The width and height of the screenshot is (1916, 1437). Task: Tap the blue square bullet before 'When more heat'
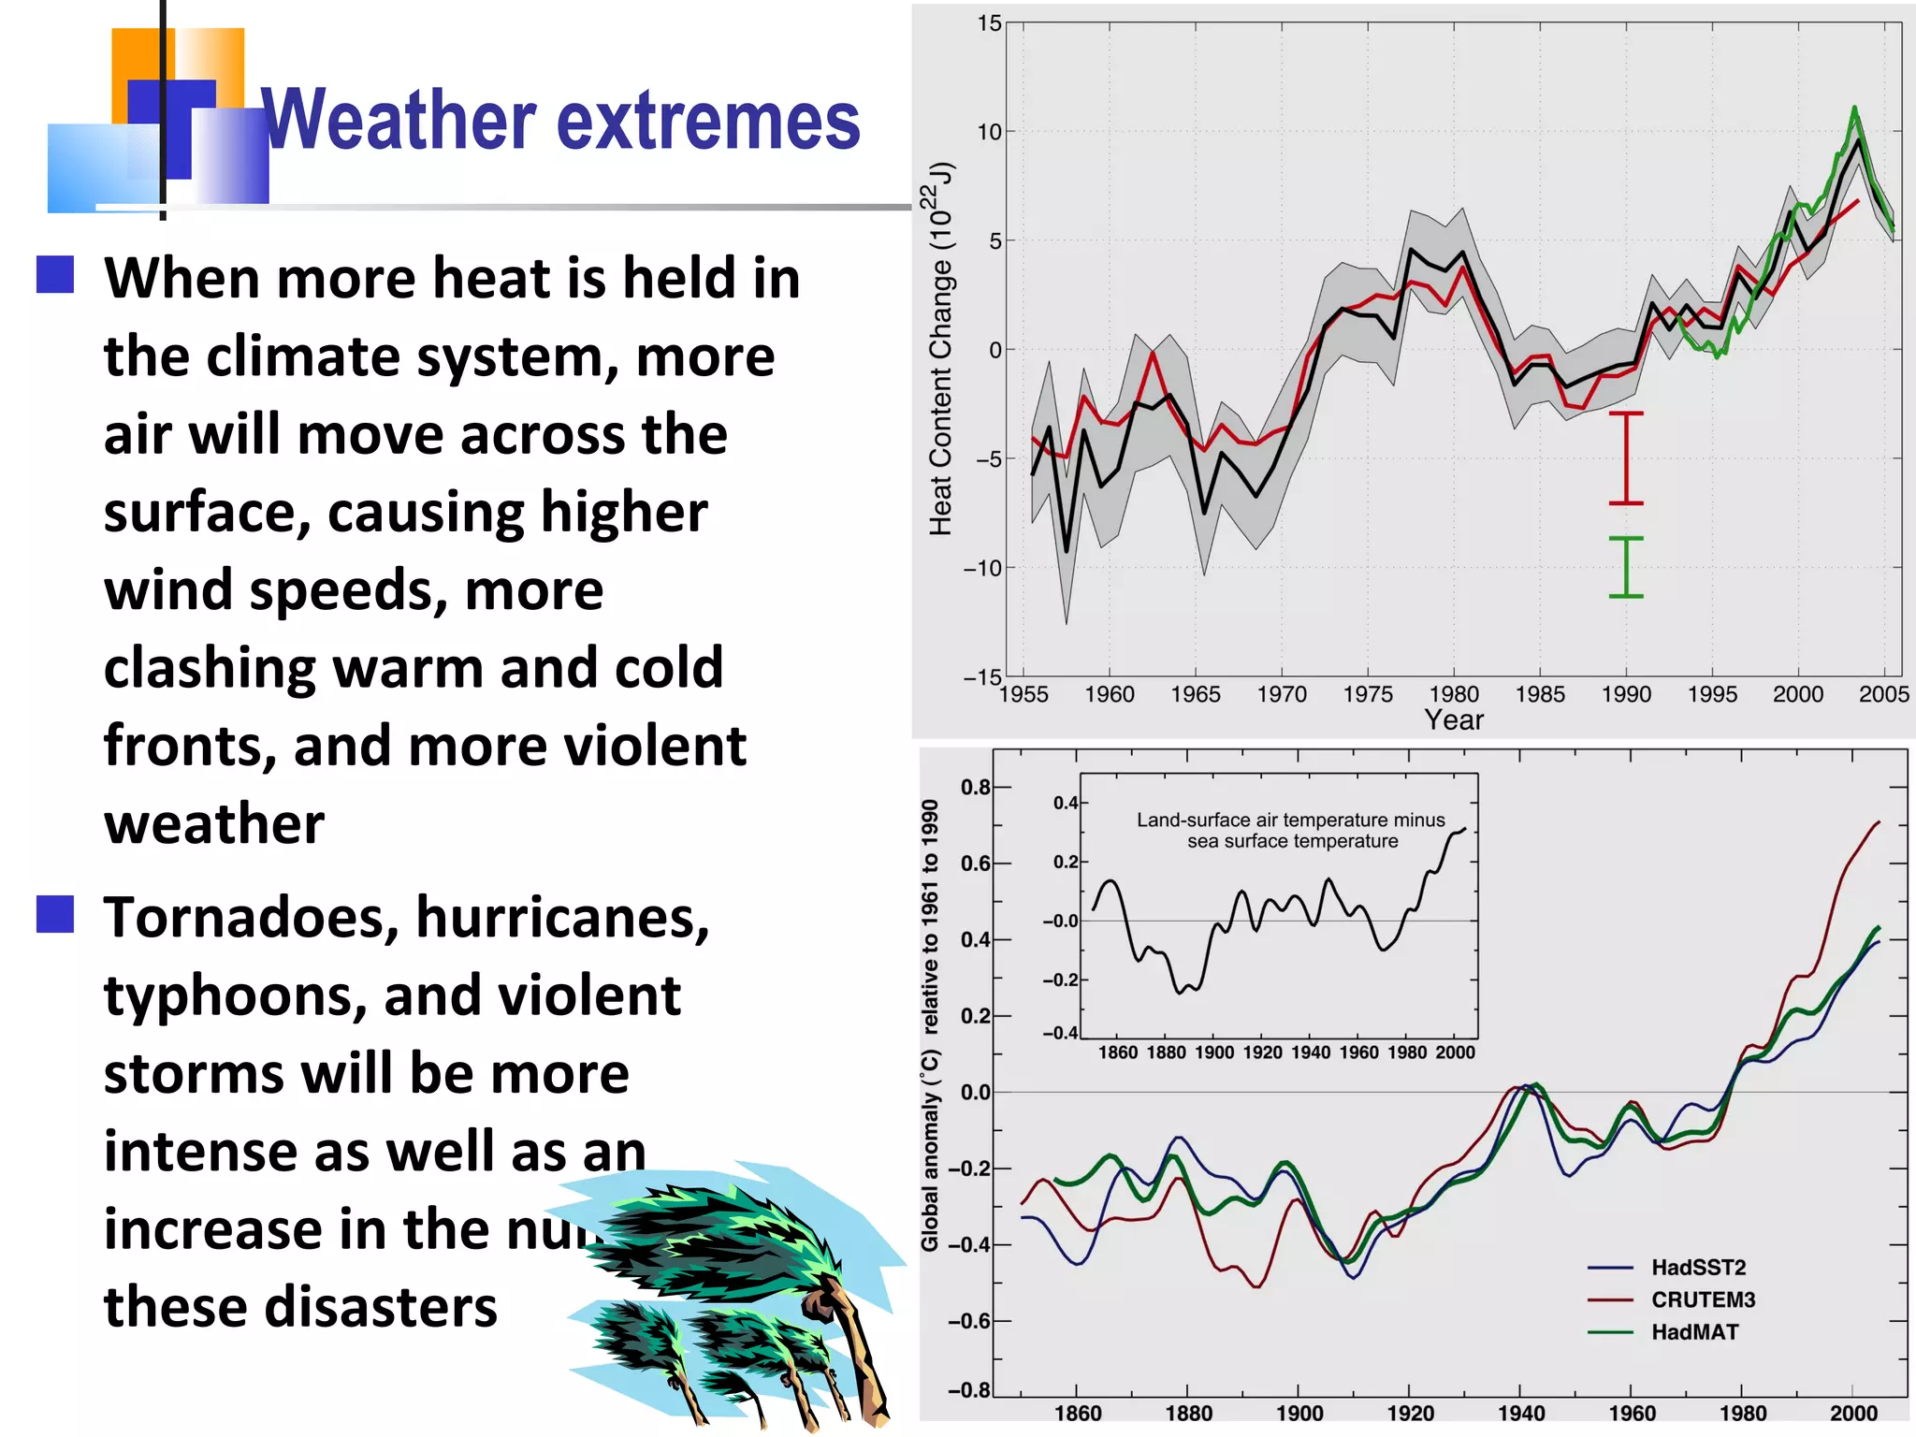[55, 275]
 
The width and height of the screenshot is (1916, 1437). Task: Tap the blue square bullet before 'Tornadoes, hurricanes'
[55, 914]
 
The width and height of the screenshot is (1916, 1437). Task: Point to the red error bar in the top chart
[1626, 458]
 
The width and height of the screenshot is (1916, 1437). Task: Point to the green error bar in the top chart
[1626, 567]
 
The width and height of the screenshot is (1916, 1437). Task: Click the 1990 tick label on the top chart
[1626, 694]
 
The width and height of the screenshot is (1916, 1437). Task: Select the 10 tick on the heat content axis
[989, 132]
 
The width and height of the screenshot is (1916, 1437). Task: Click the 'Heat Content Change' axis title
[940, 349]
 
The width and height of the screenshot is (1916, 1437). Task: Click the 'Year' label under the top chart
[1454, 720]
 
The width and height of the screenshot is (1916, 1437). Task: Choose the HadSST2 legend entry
[1698, 1268]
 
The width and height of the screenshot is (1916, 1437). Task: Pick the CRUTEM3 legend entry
[1703, 1299]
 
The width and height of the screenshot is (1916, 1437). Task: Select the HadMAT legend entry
[1694, 1332]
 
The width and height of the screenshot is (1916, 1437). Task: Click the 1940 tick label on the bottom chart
[1521, 1413]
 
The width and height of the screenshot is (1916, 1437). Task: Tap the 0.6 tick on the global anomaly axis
[975, 864]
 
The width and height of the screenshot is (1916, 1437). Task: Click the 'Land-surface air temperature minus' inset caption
[1290, 820]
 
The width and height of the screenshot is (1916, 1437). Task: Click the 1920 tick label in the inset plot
[1262, 1052]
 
